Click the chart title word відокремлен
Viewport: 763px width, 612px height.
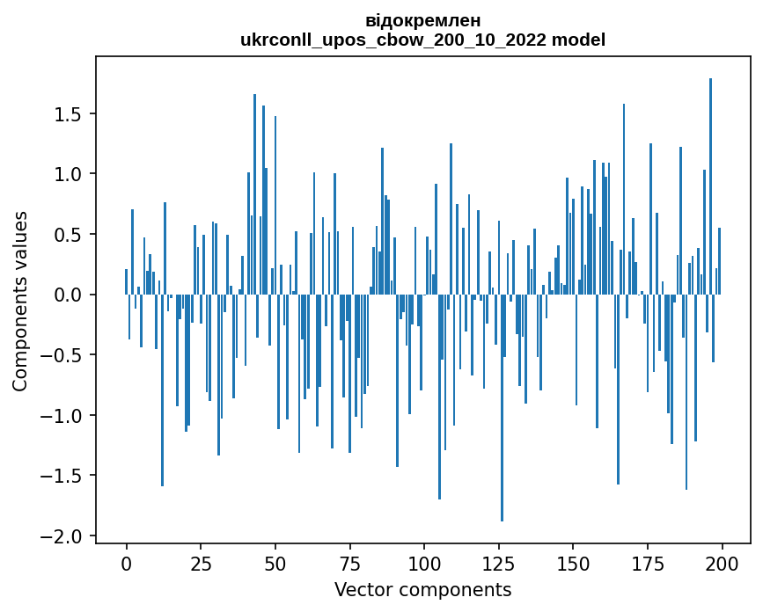tap(422, 20)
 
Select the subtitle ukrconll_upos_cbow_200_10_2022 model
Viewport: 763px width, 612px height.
tap(422, 40)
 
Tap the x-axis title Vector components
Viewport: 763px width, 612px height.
tap(422, 589)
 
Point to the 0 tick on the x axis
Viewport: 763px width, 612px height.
tap(126, 562)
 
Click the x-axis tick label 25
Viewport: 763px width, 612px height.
tap(201, 562)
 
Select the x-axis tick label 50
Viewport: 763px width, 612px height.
tap(275, 562)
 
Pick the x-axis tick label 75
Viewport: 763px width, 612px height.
tap(349, 562)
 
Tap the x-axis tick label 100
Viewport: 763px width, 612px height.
tap(424, 562)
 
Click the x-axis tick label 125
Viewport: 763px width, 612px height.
tap(499, 562)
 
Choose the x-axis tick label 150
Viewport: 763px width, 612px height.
tap(573, 562)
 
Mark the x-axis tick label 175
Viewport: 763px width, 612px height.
tap(648, 562)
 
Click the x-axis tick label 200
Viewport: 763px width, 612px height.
tap(723, 562)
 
